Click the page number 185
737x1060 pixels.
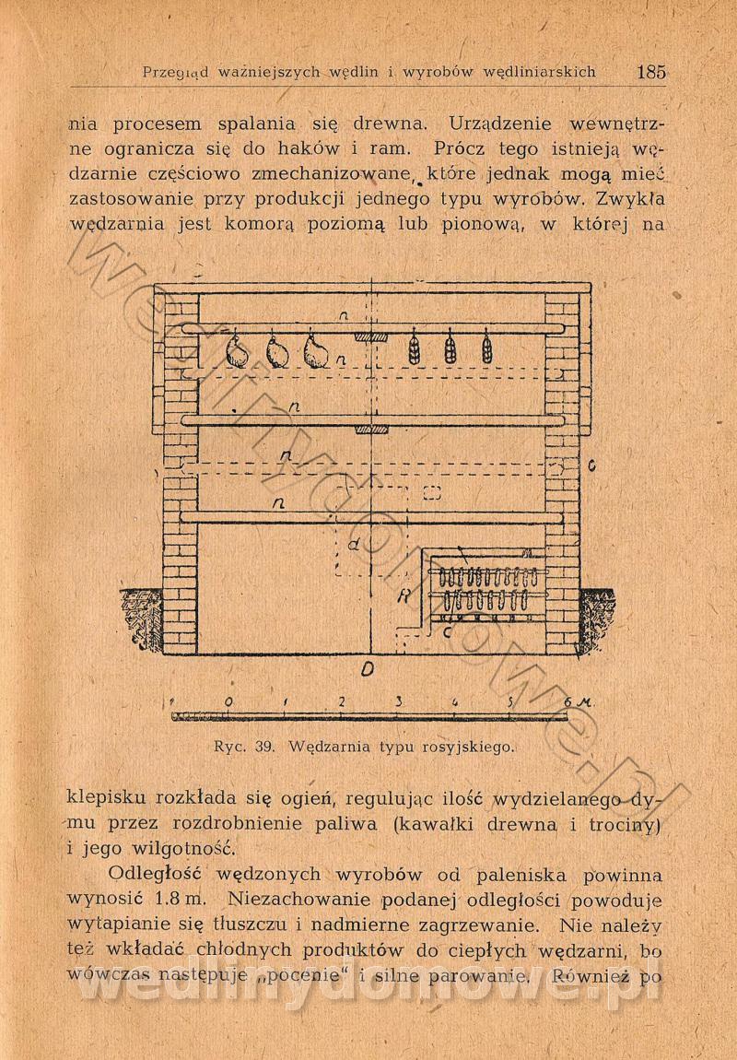(650, 71)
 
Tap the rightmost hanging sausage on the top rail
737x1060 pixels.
(486, 349)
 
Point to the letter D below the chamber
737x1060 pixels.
(367, 670)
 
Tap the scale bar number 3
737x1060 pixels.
(399, 702)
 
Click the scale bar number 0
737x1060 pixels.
(228, 702)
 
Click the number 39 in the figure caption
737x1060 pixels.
(264, 746)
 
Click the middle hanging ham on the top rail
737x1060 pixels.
(277, 352)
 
